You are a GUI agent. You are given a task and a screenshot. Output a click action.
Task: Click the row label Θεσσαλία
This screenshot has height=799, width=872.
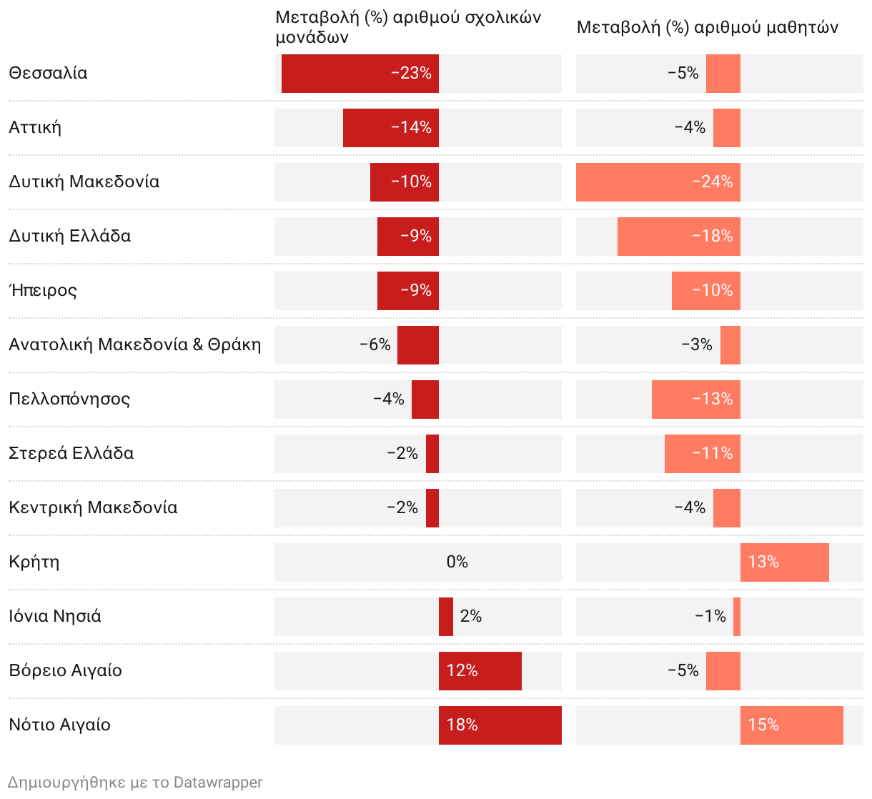(48, 73)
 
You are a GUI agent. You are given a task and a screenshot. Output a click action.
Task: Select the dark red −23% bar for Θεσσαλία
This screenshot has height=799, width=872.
(360, 73)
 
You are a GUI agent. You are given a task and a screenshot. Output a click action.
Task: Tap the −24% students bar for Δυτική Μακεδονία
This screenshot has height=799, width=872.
(658, 182)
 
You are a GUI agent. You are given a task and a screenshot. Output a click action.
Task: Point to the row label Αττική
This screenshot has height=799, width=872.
(35, 127)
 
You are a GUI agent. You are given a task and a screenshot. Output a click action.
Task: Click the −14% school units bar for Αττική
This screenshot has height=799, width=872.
(390, 127)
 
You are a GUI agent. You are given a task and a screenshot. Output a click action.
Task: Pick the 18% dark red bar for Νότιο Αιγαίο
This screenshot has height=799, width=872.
(500, 725)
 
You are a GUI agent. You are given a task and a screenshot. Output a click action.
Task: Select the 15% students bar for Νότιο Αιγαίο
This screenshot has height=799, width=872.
(791, 725)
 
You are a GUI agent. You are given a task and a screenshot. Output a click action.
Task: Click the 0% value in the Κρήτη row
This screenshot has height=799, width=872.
(457, 562)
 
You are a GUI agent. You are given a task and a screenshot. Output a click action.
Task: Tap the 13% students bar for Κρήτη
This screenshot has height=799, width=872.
(784, 562)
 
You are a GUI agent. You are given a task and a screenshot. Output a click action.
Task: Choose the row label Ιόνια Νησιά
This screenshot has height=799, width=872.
(55, 616)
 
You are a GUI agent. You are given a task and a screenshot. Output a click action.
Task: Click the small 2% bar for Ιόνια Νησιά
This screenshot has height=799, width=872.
(446, 616)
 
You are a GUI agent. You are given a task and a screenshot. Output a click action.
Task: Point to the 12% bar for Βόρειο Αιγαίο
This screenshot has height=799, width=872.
(480, 670)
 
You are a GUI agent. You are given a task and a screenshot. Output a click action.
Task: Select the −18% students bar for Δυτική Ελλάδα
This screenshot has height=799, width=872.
(678, 236)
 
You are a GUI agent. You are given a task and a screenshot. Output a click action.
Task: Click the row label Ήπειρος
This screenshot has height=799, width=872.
(43, 290)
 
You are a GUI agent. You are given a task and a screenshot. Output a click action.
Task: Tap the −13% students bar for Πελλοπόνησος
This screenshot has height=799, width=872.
(695, 399)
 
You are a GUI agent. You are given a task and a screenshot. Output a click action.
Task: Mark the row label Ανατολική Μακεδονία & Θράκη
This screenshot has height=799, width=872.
(135, 344)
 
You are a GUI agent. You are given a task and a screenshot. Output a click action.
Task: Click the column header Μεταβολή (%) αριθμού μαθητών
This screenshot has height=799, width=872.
(707, 27)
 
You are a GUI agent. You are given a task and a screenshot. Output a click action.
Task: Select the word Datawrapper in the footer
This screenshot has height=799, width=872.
(218, 783)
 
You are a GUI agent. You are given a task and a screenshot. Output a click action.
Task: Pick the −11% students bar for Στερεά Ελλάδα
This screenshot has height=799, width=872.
(702, 453)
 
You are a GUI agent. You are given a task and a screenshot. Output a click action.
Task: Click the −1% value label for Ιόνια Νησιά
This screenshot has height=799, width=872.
(710, 616)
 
